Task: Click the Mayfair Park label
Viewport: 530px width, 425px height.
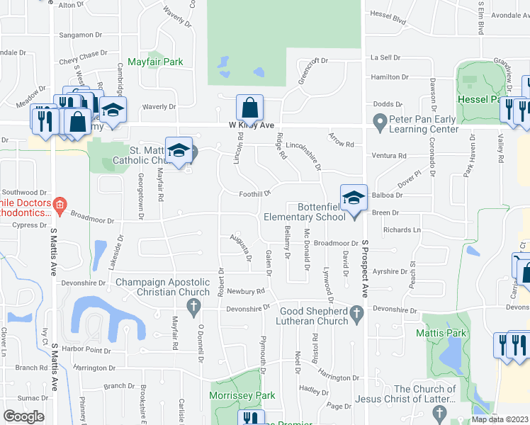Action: [x=155, y=62]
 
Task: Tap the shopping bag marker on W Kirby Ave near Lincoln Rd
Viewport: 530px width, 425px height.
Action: [x=249, y=108]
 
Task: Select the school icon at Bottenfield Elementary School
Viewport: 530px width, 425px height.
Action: [x=354, y=198]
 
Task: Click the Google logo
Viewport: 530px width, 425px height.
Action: [x=23, y=416]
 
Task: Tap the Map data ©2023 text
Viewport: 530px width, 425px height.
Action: [x=499, y=419]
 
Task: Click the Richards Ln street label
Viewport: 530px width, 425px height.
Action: [x=401, y=230]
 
